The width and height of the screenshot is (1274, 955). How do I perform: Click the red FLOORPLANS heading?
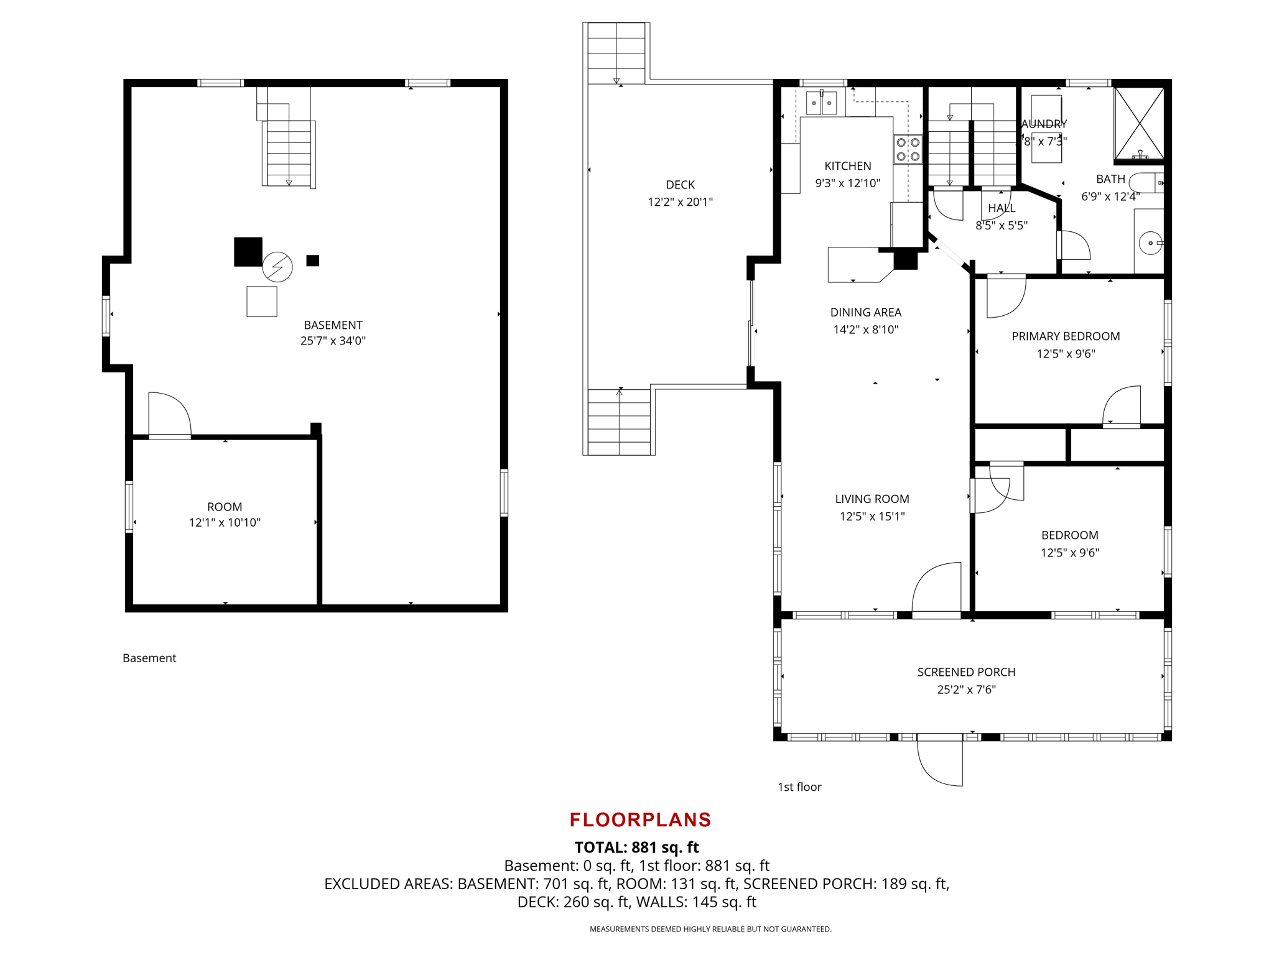point(640,819)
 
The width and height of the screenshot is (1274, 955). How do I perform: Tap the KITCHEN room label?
point(848,166)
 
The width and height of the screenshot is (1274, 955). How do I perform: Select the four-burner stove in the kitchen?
point(908,150)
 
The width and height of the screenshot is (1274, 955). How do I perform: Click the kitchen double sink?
point(821,103)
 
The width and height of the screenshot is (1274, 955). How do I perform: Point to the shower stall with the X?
point(1139,123)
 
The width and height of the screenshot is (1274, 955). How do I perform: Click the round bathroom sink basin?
point(1150,242)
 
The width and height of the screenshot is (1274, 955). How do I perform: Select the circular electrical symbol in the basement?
point(277,267)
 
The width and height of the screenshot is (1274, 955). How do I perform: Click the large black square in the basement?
point(248,252)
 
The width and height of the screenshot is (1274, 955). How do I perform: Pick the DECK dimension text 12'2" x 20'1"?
point(680,201)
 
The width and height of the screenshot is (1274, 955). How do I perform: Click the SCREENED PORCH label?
point(966,672)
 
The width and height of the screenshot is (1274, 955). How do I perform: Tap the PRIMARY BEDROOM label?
point(1066,336)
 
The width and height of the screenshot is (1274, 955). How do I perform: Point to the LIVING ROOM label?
point(872,499)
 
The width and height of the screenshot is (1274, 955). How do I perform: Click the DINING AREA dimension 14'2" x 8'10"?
point(866,330)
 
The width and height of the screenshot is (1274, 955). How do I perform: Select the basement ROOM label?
point(225,507)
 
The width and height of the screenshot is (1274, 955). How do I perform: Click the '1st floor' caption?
point(799,787)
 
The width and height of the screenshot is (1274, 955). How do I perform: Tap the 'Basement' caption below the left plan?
point(149,658)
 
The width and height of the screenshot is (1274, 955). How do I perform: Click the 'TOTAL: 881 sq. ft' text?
point(636,847)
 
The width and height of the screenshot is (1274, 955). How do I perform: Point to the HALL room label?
point(1002,208)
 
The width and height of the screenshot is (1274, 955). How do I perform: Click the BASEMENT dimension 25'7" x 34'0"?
point(333,341)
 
